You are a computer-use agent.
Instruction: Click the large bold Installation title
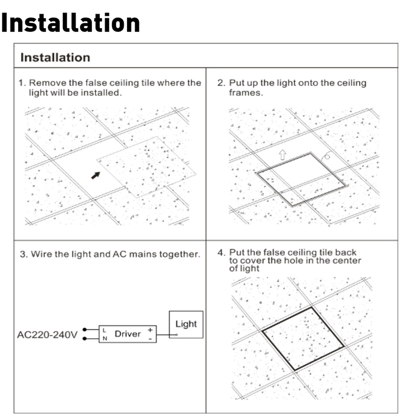tap(71, 23)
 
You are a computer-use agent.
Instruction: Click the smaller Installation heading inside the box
tap(55, 57)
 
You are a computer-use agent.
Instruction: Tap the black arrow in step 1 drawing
tap(96, 175)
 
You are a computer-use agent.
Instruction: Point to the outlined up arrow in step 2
tap(282, 155)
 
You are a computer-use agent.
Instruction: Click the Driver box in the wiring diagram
tap(127, 334)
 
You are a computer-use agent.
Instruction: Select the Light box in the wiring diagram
tap(186, 325)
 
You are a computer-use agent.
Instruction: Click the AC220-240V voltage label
tap(47, 335)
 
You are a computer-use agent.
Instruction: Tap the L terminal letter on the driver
tap(104, 330)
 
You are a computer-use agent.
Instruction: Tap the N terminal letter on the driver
tap(105, 339)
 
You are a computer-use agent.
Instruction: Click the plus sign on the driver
tap(150, 330)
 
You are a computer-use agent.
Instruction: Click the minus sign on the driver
tap(150, 339)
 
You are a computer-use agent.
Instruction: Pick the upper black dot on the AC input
tap(84, 330)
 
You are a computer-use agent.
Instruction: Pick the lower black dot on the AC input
tap(84, 339)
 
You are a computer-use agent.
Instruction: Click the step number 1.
tap(22, 83)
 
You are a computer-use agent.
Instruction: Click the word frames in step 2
tap(246, 93)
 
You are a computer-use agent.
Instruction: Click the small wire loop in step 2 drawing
tap(327, 156)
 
